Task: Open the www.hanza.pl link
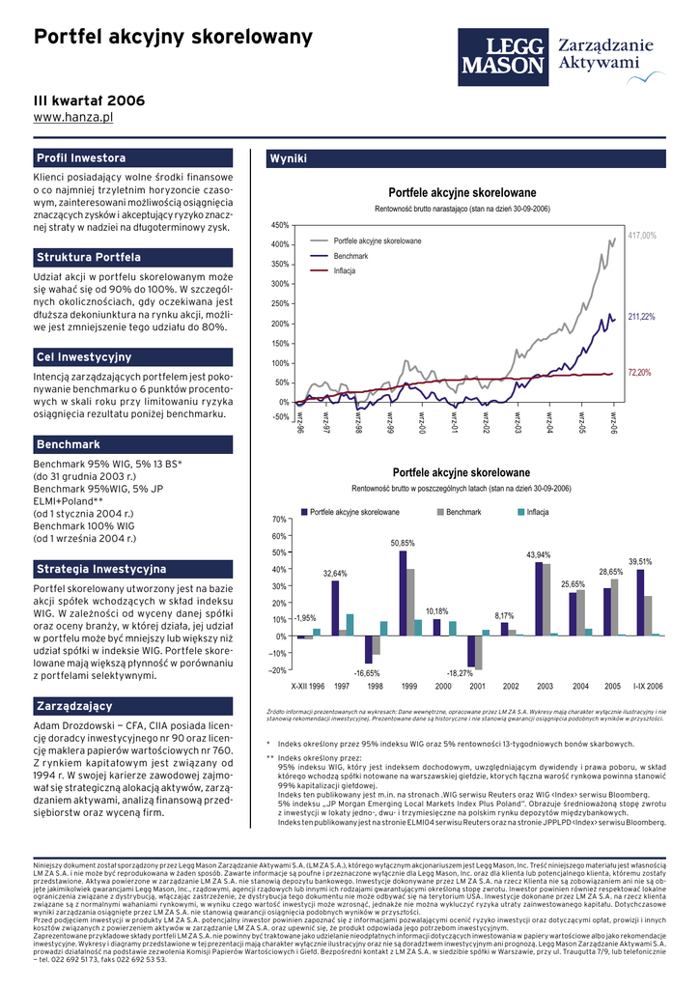coord(74,117)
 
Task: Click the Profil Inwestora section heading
coord(81,157)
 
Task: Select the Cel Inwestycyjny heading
coord(84,358)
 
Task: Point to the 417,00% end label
coord(642,236)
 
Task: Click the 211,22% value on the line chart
coord(642,317)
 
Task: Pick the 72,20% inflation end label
coord(640,372)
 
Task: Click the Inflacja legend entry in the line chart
coord(346,270)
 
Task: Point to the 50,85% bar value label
coord(403,544)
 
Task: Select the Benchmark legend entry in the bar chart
coord(464,511)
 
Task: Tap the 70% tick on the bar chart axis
coord(280,520)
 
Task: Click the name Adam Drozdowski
coord(75,725)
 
